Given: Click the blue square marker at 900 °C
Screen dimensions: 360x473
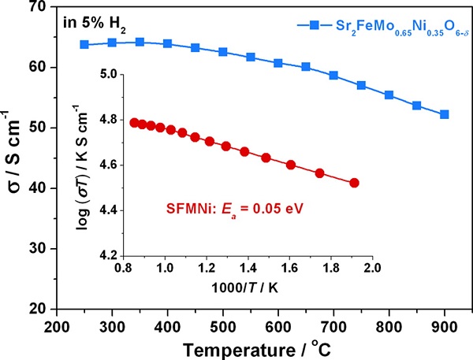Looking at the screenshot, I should (x=445, y=114).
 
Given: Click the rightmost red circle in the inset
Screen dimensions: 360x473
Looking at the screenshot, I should (x=354, y=183).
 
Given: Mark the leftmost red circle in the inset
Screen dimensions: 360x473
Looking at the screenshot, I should (x=133, y=122).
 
